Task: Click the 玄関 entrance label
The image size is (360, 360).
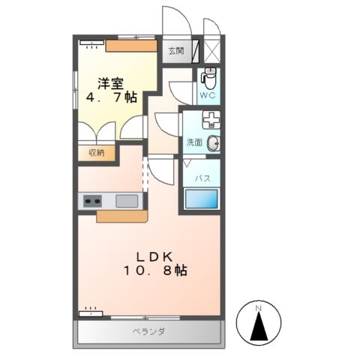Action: (175, 51)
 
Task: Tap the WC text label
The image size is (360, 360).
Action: (208, 96)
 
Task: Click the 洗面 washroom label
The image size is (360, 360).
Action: (194, 144)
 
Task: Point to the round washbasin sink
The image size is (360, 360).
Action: (213, 144)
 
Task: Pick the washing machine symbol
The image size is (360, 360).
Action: (213, 120)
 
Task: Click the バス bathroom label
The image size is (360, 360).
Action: (202, 178)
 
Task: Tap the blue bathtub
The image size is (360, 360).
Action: (202, 199)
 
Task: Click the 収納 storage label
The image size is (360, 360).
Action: (97, 152)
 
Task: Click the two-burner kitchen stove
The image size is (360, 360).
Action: (92, 201)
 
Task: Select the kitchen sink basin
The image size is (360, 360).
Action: (127, 200)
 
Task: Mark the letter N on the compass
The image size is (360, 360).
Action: (257, 307)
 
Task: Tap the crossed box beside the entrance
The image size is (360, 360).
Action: (212, 51)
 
